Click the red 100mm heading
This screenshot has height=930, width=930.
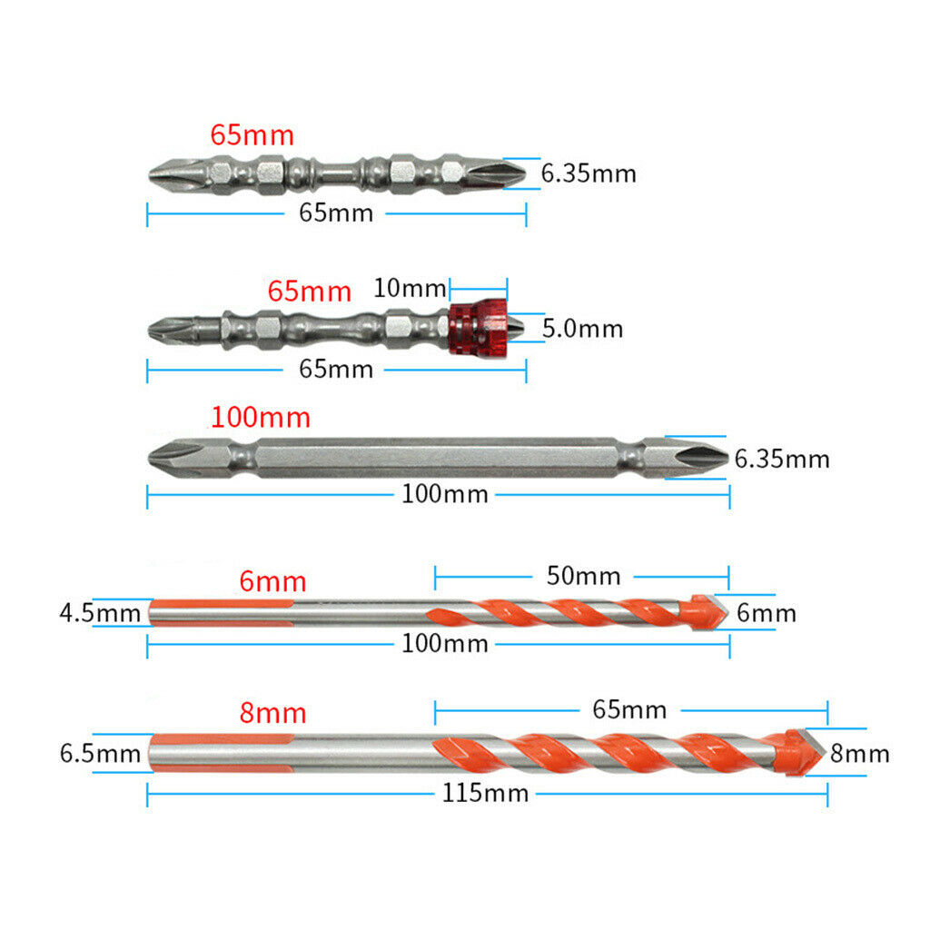(x=261, y=417)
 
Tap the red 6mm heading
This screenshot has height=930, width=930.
(x=272, y=581)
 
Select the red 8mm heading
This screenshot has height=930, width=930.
(x=272, y=712)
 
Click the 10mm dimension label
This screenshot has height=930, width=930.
(x=410, y=288)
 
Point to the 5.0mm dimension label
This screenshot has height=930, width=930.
(x=582, y=329)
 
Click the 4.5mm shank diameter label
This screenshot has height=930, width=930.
(x=100, y=613)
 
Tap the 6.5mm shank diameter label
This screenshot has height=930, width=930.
(x=100, y=753)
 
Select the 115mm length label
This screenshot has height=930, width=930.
(x=485, y=793)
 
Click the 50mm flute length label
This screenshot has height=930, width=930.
(x=584, y=576)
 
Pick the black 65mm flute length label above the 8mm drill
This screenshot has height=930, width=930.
(x=629, y=709)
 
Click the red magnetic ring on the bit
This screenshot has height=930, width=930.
(x=478, y=328)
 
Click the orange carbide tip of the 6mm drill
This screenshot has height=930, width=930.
(x=704, y=612)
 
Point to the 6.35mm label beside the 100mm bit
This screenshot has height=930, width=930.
(x=782, y=459)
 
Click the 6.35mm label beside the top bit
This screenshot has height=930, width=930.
(x=589, y=173)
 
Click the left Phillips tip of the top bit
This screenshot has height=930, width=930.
(x=175, y=174)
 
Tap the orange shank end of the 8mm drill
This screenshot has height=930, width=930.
(x=221, y=753)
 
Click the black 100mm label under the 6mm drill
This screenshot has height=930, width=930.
(x=445, y=644)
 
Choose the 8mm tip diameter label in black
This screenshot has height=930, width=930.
(x=860, y=753)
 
